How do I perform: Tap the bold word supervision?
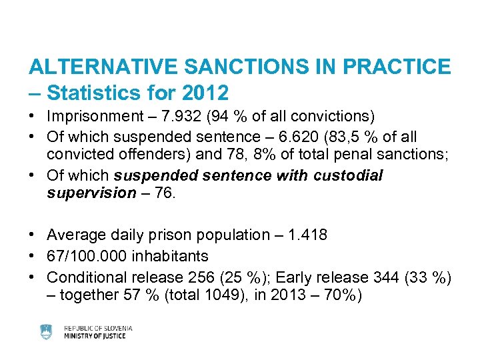(91, 193)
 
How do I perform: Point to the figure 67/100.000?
(87, 255)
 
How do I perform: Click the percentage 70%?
(336, 295)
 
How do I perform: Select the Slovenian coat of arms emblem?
(46, 331)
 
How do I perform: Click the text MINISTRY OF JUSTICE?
(95, 336)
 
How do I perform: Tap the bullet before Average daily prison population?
(33, 235)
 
